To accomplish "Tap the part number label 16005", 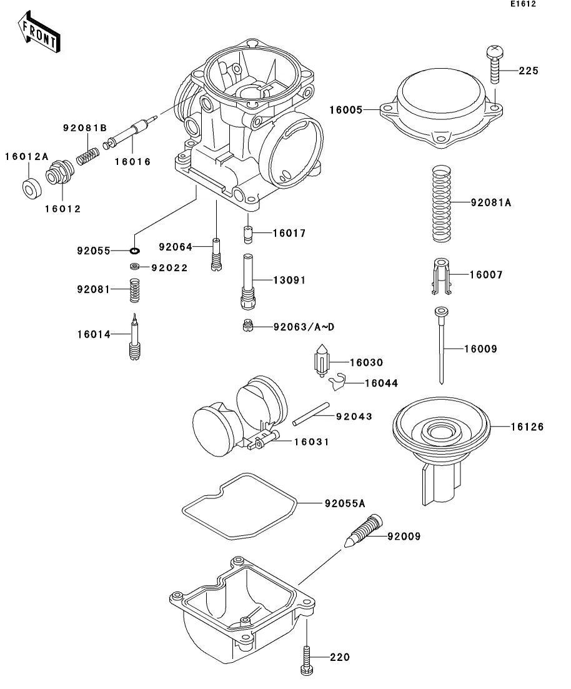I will [345, 110].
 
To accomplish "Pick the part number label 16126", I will [527, 427].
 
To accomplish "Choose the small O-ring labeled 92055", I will [134, 251].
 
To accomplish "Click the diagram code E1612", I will [522, 4].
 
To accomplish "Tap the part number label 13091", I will [289, 280].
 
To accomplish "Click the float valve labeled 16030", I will [323, 362].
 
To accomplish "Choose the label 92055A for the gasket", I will [345, 503].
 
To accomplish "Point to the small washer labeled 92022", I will [134, 267].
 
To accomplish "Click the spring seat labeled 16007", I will [440, 275].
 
